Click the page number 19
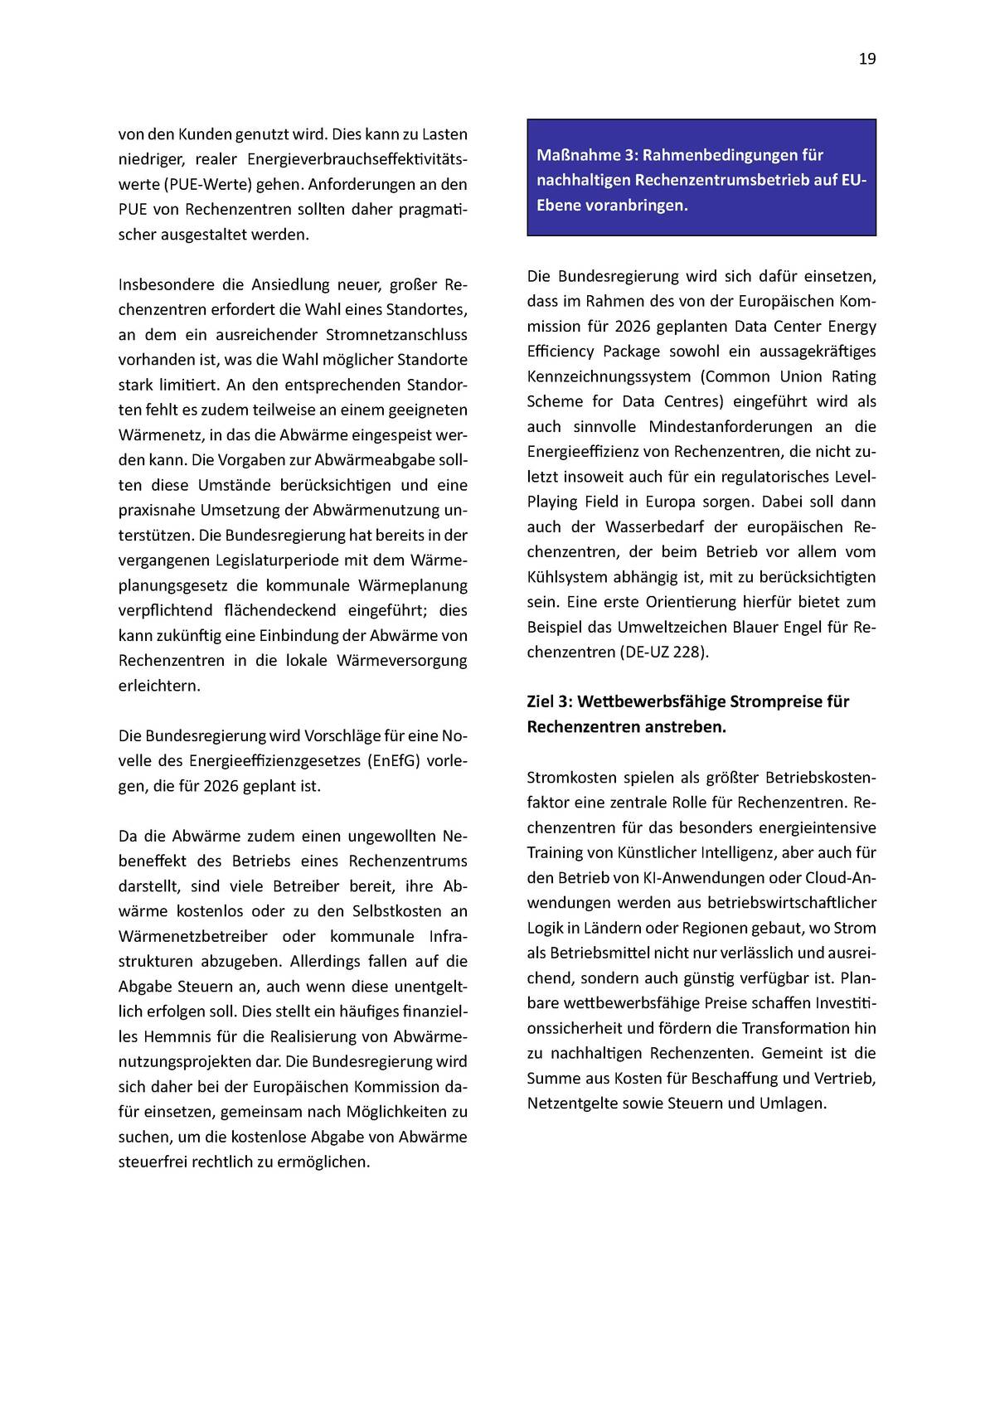[x=866, y=59]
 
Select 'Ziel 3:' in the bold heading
[x=549, y=701]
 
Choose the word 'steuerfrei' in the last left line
[x=153, y=1162]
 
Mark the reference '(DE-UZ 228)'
[x=663, y=652]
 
